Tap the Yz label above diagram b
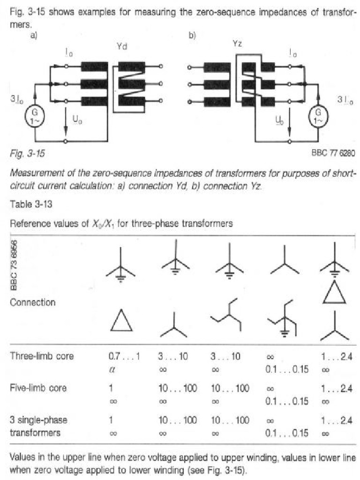tap(237, 44)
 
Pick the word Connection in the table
tap(32, 302)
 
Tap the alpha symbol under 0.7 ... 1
tap(111, 369)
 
